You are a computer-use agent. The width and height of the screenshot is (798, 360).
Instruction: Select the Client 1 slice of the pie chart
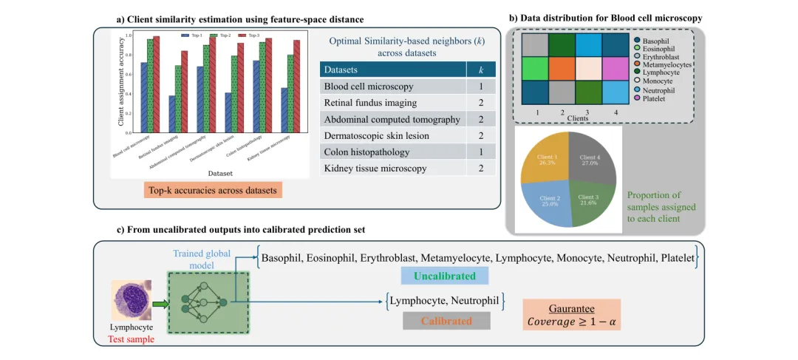(x=545, y=159)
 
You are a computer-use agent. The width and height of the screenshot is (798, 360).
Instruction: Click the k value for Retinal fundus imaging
(x=481, y=103)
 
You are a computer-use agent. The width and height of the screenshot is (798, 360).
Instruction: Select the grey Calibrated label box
(x=446, y=321)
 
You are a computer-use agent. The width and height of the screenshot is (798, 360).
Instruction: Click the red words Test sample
(x=131, y=339)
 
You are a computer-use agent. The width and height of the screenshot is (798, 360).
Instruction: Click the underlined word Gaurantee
(x=573, y=308)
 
